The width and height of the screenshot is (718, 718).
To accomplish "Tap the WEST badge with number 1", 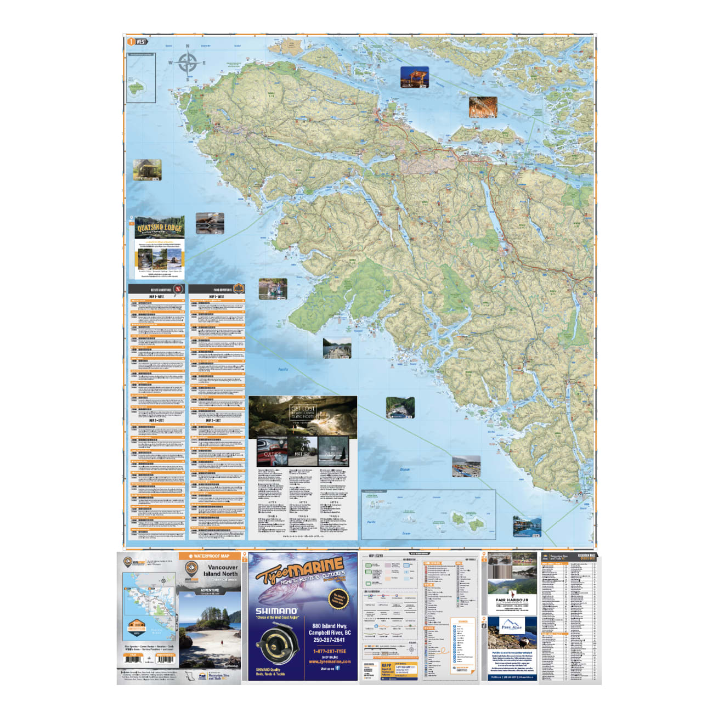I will coord(137,42).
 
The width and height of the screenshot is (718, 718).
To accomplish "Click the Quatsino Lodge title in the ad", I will coord(160,227).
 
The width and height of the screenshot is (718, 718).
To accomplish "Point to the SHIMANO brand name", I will coord(276,610).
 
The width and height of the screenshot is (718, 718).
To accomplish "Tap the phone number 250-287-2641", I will coord(329,640).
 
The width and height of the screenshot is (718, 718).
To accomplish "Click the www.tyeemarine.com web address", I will coord(329,662).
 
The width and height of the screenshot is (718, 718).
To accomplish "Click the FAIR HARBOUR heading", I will coord(512,600).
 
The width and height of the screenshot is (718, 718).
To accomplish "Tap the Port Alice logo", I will coord(512,626).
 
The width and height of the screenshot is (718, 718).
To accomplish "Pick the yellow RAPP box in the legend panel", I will coord(386,669).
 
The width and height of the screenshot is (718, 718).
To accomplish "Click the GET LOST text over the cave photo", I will coord(303,409).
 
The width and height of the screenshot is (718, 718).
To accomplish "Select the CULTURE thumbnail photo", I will coord(272,451).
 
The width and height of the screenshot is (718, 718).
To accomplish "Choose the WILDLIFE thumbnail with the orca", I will coord(333,451).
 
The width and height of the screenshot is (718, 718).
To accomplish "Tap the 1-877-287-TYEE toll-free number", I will coord(329,651).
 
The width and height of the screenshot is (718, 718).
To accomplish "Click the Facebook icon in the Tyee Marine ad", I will coord(337,668).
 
